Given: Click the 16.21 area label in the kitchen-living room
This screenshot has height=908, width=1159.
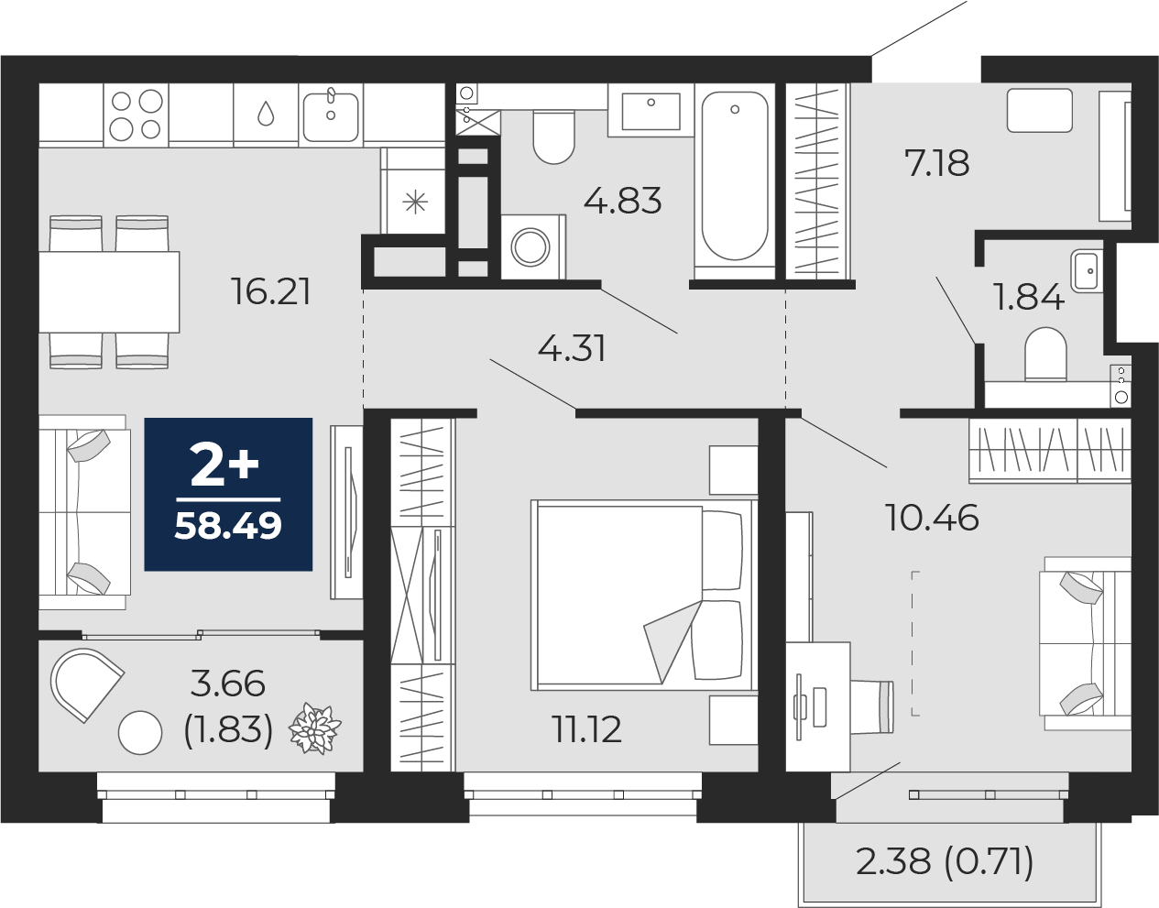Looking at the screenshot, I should click(x=271, y=291).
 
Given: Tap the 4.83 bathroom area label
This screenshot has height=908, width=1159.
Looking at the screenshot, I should click(x=622, y=201).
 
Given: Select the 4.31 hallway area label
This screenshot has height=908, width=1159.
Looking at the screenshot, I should click(x=572, y=348).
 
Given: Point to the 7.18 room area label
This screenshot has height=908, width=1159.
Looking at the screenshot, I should click(x=936, y=163).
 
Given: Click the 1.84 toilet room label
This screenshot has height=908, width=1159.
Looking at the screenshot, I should click(x=1028, y=297).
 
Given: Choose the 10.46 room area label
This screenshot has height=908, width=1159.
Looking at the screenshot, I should click(x=932, y=518).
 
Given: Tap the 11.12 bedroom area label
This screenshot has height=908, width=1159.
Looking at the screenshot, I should click(x=586, y=729).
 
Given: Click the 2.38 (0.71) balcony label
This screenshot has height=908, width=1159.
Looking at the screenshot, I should click(x=945, y=861).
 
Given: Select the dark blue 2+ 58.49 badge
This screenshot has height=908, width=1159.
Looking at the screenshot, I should click(x=228, y=494).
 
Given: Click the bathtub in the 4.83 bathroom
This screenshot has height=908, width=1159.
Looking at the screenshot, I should click(x=735, y=176).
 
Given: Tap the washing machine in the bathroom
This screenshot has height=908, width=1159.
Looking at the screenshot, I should click(x=531, y=246).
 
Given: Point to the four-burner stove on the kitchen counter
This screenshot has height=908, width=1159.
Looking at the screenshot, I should click(x=136, y=115).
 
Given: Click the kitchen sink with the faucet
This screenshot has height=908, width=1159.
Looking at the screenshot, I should click(x=330, y=115).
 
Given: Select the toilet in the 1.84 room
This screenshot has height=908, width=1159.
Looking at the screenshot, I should click(x=1045, y=356).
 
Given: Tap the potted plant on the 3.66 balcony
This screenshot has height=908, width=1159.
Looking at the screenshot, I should click(x=314, y=730).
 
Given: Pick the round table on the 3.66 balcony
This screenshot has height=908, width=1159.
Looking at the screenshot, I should click(x=140, y=732).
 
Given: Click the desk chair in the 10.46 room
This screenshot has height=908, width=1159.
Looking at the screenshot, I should click(x=871, y=706).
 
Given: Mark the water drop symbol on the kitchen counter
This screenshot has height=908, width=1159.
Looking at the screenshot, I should click(x=266, y=114).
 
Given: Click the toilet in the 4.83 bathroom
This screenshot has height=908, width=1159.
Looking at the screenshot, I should click(x=553, y=137).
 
